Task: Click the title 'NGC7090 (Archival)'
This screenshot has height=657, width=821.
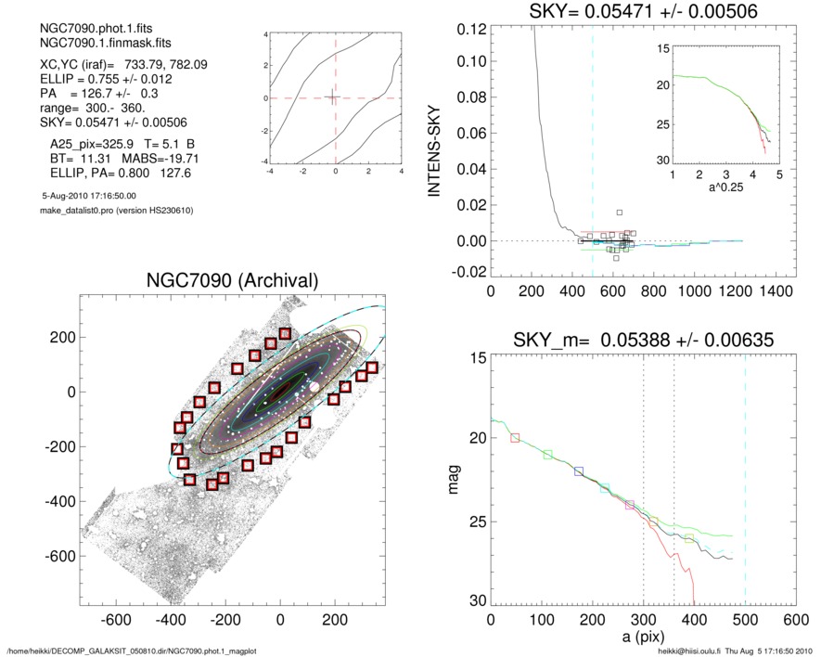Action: point(232,280)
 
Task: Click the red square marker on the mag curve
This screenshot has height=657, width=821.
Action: point(516,437)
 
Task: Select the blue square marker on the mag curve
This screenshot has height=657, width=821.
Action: point(579,471)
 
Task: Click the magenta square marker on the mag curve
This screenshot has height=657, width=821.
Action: point(630,505)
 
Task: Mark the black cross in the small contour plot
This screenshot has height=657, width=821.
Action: point(332,97)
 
